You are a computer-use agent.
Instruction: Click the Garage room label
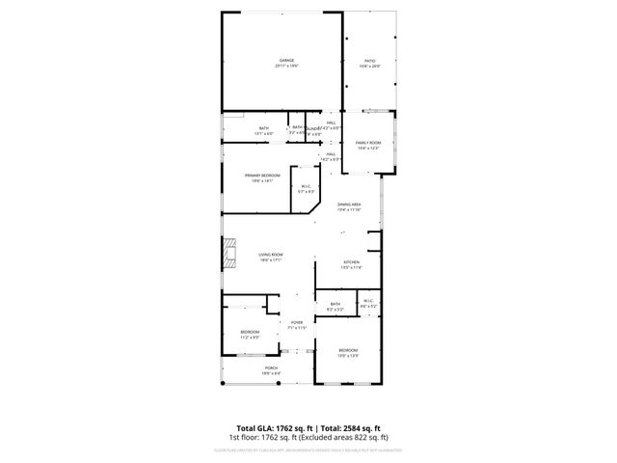pos(286,61)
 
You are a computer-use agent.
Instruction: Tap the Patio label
pos(370,61)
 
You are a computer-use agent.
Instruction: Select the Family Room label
pos(368,142)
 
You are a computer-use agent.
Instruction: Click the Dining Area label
pos(349,204)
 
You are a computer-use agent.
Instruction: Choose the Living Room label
pos(269,254)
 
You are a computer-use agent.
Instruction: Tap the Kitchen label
pos(352,262)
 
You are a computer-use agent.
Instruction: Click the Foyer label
pos(296,323)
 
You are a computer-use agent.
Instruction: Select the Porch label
pos(272,368)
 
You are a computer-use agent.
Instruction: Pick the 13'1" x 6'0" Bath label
pos(264,129)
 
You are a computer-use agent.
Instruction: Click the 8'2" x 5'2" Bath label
pos(335,305)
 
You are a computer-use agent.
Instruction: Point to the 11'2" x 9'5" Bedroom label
pos(250,332)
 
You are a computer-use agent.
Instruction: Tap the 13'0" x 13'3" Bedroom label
pos(348,349)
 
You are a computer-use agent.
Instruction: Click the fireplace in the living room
pos(228,256)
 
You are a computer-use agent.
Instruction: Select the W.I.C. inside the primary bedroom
pos(306,186)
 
